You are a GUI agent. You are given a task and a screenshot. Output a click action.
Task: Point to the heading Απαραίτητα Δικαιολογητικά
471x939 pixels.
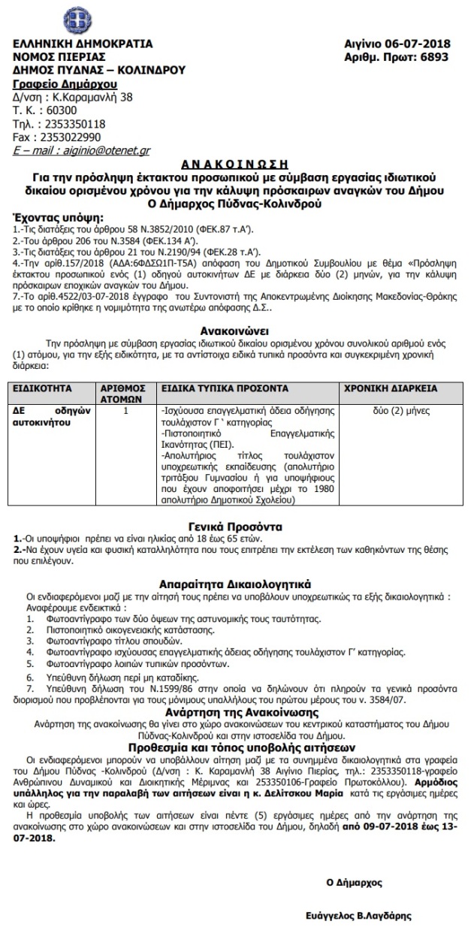(x=235, y=583)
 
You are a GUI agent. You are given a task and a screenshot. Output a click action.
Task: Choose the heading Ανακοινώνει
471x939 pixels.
(x=235, y=329)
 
